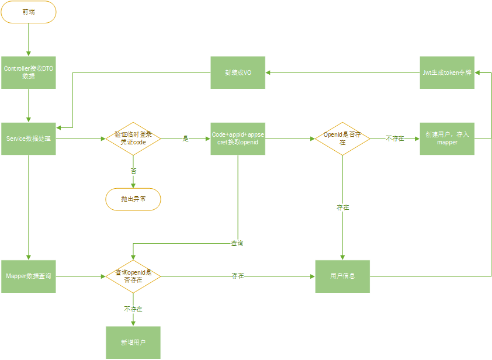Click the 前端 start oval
tap(28, 12)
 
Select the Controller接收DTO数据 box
tap(28, 72)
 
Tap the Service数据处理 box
tap(28, 139)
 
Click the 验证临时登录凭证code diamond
tap(133, 139)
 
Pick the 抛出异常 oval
tap(133, 199)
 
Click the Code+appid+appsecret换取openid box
tap(238, 139)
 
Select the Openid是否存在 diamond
tap(342, 139)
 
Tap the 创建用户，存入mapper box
tap(447, 139)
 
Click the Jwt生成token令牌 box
tap(447, 72)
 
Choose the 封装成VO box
tap(238, 72)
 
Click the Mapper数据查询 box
tap(28, 276)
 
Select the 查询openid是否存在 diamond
tap(133, 276)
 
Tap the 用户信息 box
tap(342, 276)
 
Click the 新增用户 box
tap(133, 342)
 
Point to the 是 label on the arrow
tap(186, 139)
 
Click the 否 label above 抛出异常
tap(133, 171)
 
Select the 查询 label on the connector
tap(237, 243)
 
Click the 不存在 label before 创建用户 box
tap(395, 139)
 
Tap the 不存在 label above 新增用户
tap(133, 309)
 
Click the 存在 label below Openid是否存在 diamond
tap(342, 207)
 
